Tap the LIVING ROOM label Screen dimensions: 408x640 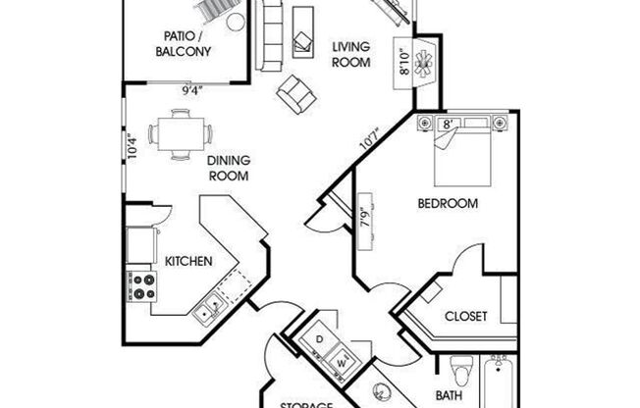[350, 54]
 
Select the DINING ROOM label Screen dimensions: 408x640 [228, 168]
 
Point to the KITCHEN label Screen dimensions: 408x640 [188, 261]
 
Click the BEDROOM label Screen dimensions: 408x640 [448, 204]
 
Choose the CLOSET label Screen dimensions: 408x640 [465, 316]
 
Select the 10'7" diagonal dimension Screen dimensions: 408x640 [369, 136]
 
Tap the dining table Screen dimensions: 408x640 [180, 135]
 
